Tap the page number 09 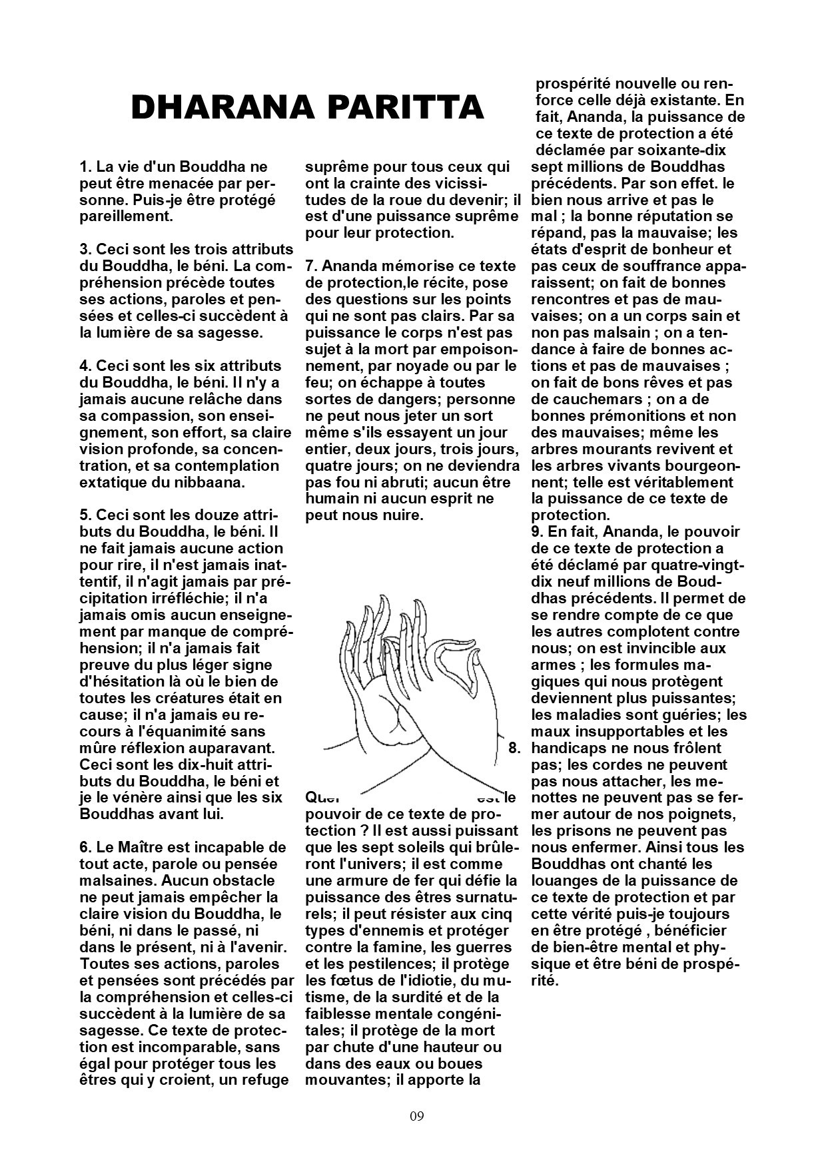point(417,1116)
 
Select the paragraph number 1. point(84,166)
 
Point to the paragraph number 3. point(85,250)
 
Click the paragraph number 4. point(85,366)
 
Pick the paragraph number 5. point(85,516)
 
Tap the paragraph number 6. point(85,848)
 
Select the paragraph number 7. point(310,266)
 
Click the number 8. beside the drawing point(514,748)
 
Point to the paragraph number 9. point(536,532)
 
